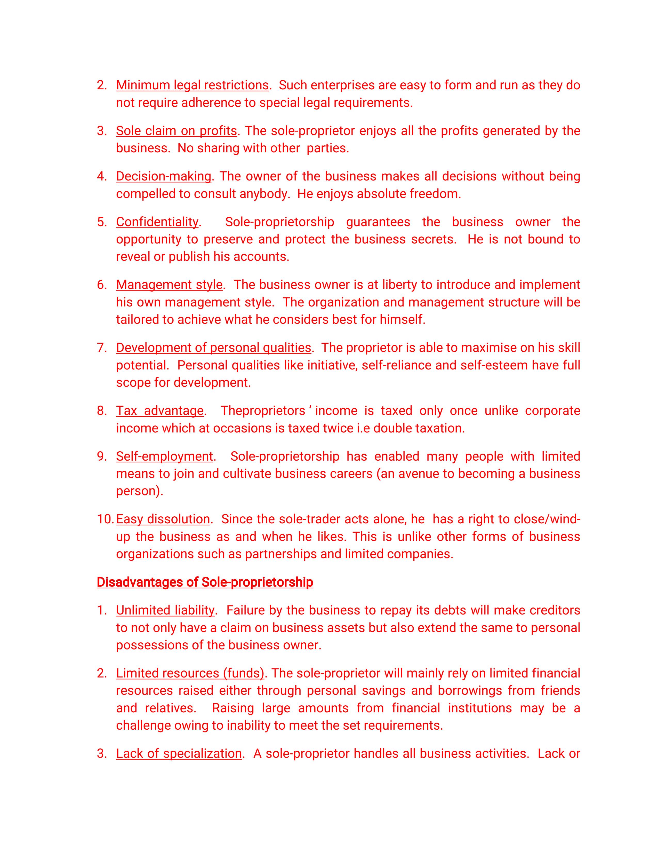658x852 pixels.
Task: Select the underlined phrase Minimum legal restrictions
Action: click(x=192, y=85)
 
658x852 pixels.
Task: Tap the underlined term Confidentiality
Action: click(x=157, y=222)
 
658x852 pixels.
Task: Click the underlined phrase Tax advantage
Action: click(x=159, y=411)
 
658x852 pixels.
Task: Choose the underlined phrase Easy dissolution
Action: click(x=163, y=519)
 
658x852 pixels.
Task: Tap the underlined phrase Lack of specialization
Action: click(x=179, y=753)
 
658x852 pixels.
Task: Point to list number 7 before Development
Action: click(x=102, y=348)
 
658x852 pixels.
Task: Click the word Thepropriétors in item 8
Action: click(x=263, y=411)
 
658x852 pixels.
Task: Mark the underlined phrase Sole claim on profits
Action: click(x=176, y=131)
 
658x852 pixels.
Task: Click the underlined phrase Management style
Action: click(x=169, y=285)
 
